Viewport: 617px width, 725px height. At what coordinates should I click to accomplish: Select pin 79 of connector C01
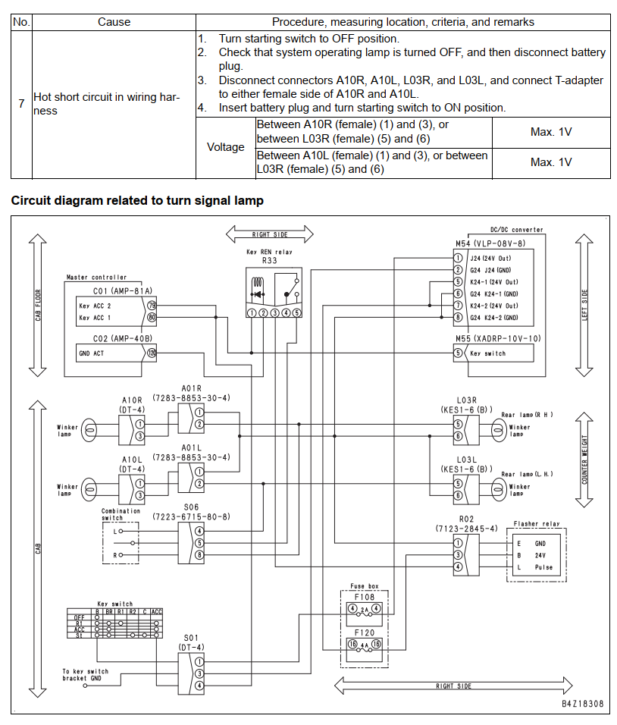tap(152, 305)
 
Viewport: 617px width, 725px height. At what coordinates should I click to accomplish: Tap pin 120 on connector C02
tap(152, 353)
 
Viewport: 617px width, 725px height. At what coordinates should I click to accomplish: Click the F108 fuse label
tap(364, 597)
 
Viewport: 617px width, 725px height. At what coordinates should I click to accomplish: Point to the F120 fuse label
tap(364, 632)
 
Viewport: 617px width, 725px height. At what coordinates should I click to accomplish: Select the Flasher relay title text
tap(537, 524)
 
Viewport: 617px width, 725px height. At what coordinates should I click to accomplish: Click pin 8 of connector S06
tap(199, 555)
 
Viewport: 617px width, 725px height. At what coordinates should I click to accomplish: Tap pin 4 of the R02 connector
tap(458, 567)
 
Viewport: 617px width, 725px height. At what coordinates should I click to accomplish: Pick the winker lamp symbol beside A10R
tap(89, 431)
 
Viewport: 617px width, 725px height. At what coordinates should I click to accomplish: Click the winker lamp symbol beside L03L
tap(498, 490)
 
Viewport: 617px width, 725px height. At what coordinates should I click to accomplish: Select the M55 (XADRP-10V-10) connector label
tap(498, 338)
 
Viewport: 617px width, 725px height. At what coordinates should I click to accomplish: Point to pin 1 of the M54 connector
tap(458, 258)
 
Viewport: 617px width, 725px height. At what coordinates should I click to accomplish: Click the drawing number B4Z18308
tap(583, 704)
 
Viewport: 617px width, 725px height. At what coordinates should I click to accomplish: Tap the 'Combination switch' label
tap(121, 514)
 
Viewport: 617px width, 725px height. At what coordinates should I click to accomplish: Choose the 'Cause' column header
tap(114, 22)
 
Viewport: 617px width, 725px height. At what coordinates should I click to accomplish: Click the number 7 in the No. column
tap(21, 104)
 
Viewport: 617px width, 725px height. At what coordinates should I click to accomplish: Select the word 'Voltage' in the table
tap(226, 147)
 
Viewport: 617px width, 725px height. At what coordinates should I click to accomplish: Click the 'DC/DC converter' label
tap(517, 229)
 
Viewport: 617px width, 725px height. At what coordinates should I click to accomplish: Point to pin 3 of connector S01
tap(199, 673)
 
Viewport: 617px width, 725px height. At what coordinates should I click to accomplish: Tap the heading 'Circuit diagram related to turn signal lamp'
tap(137, 201)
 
